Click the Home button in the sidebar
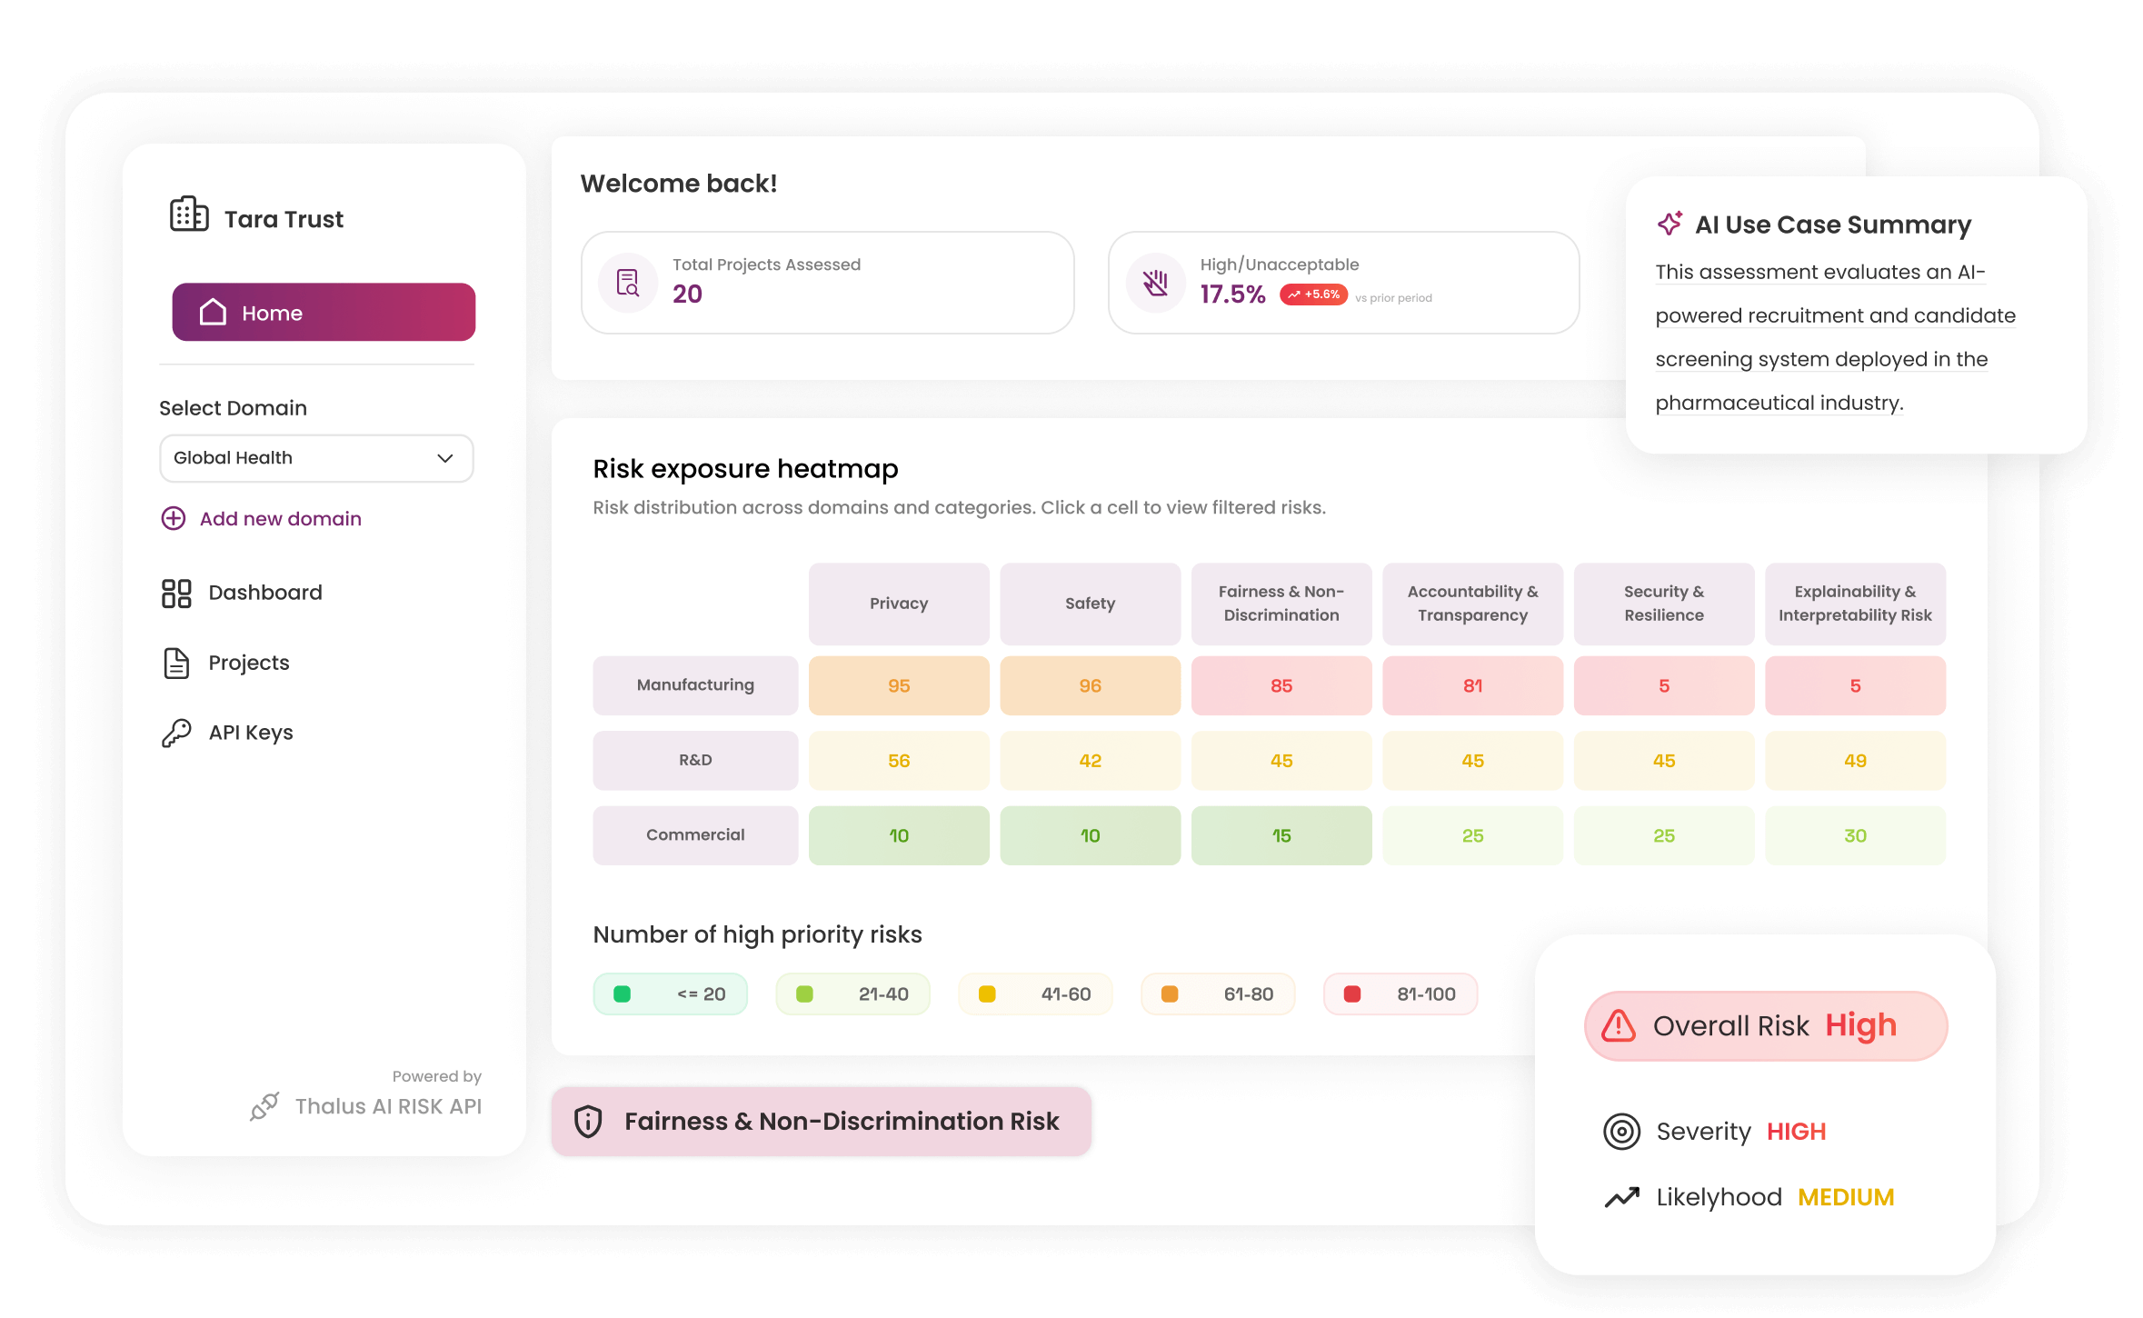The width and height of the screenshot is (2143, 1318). [324, 313]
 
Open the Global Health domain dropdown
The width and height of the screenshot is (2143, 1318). [316, 458]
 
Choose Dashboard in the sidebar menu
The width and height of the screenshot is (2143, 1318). [264, 593]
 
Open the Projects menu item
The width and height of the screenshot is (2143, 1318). [248, 663]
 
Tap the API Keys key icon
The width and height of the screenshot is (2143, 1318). [176, 733]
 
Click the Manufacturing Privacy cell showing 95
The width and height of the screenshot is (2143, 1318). [898, 686]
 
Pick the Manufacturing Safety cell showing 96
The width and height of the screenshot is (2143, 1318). [1090, 686]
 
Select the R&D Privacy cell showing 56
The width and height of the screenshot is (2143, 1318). [898, 761]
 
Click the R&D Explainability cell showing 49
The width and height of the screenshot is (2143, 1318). [1855, 761]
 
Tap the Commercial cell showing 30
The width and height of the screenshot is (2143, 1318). [1855, 835]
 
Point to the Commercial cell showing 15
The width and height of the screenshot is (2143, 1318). [1281, 835]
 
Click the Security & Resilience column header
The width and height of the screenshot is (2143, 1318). [1663, 604]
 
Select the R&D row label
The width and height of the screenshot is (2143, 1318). [695, 760]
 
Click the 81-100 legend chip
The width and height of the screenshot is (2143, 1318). [1400, 994]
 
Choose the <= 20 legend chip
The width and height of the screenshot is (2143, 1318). [670, 994]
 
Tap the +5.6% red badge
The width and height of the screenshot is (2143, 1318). [1313, 295]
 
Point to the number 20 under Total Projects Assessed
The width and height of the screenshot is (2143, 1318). [687, 294]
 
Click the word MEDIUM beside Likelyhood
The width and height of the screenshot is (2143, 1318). [1845, 1197]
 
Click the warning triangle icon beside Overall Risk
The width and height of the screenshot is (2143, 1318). [1619, 1025]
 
